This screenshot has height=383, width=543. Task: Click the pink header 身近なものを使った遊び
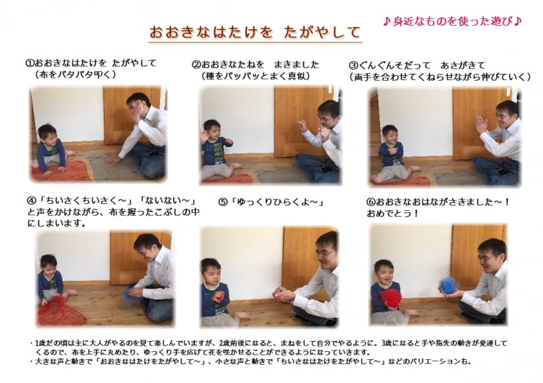(x=452, y=20)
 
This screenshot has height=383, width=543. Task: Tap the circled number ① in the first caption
(x=30, y=63)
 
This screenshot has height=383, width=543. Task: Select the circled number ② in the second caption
(x=196, y=65)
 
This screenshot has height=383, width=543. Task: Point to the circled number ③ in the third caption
(x=353, y=65)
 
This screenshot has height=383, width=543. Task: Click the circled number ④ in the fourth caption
(x=31, y=201)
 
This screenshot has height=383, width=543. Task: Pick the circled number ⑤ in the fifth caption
(x=222, y=202)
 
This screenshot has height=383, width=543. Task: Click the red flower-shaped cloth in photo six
(x=391, y=297)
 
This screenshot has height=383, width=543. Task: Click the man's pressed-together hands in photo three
(x=481, y=125)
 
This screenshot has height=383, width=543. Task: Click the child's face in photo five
(x=210, y=268)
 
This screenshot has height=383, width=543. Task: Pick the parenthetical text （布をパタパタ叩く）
(x=75, y=75)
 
